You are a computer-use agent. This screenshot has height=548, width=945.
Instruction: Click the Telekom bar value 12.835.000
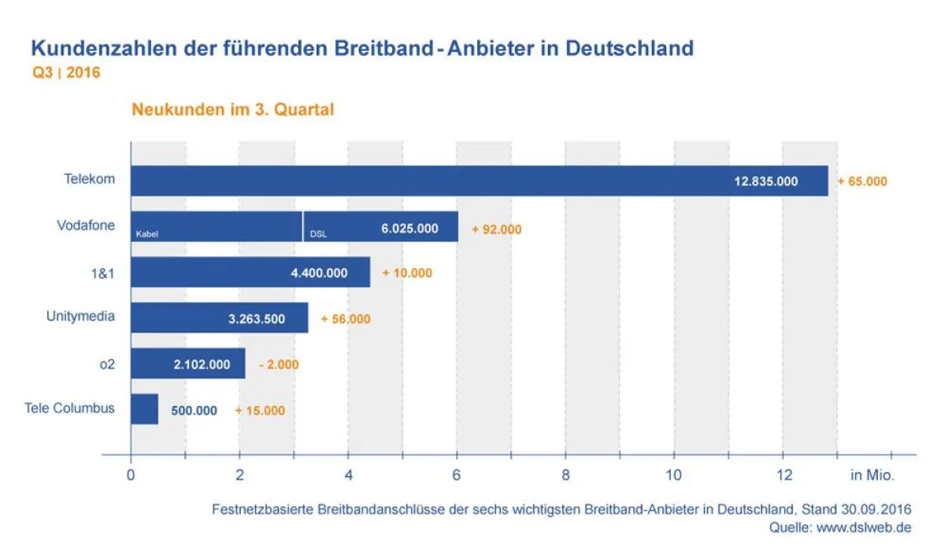(x=765, y=181)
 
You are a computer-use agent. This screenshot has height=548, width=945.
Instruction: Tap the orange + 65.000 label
(x=862, y=181)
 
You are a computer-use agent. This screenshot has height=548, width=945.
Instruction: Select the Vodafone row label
(x=86, y=225)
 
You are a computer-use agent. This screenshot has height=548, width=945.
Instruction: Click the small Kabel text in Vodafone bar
(x=147, y=235)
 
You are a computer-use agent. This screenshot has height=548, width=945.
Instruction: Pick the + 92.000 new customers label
(x=496, y=229)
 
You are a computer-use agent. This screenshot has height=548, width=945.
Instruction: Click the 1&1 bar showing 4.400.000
(x=250, y=272)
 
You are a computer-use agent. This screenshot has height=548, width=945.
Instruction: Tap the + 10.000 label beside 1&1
(x=407, y=273)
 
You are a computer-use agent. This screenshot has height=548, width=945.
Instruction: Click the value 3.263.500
(x=257, y=319)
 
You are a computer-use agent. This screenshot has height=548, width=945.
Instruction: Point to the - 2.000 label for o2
(x=279, y=365)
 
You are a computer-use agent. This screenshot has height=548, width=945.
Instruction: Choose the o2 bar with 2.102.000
(x=187, y=365)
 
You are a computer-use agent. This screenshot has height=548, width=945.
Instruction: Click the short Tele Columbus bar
(x=144, y=409)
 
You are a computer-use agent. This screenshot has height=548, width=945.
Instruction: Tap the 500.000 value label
(x=194, y=410)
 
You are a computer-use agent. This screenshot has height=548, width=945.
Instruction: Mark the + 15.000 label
(x=260, y=410)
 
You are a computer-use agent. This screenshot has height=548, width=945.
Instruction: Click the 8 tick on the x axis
(x=565, y=476)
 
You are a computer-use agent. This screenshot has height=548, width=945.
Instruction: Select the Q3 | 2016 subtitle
(x=65, y=72)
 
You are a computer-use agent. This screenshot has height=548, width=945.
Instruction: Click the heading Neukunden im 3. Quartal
(x=232, y=109)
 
